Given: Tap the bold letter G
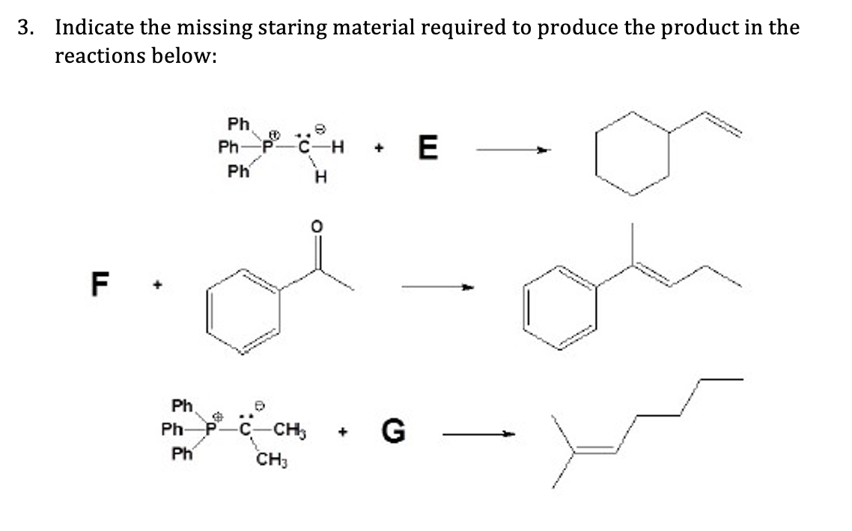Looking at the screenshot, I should tap(395, 431).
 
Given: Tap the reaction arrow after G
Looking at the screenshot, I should tap(480, 432).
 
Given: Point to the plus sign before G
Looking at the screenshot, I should tap(344, 432).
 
